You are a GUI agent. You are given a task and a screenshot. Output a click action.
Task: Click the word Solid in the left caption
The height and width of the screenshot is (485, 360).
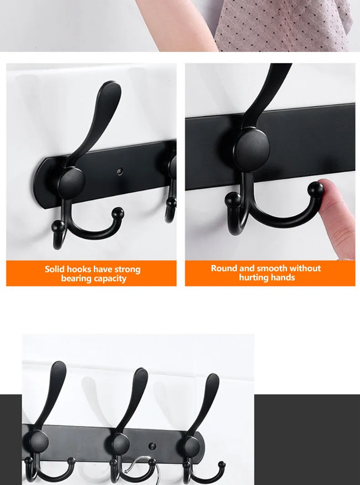[55, 269]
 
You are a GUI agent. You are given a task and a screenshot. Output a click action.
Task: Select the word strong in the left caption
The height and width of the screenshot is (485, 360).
[127, 269]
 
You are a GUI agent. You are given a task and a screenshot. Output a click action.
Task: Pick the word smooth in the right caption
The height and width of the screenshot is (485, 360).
[272, 268]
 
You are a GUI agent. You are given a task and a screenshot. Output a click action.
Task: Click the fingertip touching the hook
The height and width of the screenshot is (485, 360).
[327, 189]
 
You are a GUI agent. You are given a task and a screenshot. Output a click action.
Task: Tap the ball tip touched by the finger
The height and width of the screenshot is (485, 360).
[315, 190]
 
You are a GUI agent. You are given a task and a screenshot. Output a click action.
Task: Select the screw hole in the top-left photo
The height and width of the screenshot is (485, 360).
[120, 171]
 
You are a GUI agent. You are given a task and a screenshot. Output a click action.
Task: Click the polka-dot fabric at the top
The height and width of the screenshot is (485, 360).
[283, 23]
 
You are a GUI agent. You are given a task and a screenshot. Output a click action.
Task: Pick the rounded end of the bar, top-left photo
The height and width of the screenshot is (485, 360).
[41, 182]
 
